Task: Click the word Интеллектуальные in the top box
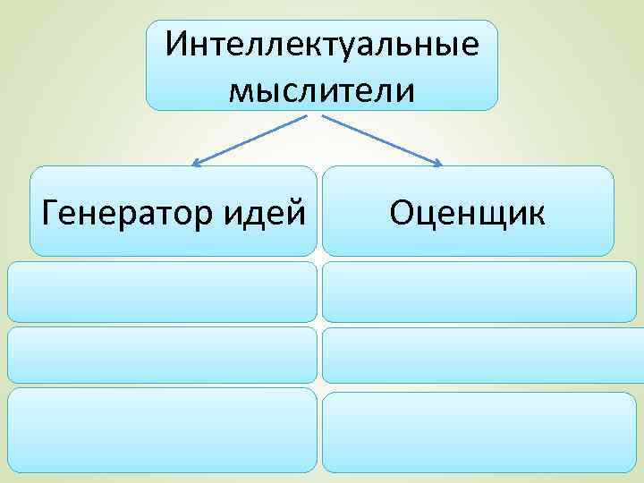click(321, 44)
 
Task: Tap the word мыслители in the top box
click(321, 89)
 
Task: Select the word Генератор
click(123, 214)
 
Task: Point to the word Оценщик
click(467, 213)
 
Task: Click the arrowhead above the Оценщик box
click(437, 164)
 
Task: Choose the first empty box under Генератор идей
click(163, 292)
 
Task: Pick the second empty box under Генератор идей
click(163, 355)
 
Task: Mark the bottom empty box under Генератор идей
click(163, 429)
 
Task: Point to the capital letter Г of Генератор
click(51, 213)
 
